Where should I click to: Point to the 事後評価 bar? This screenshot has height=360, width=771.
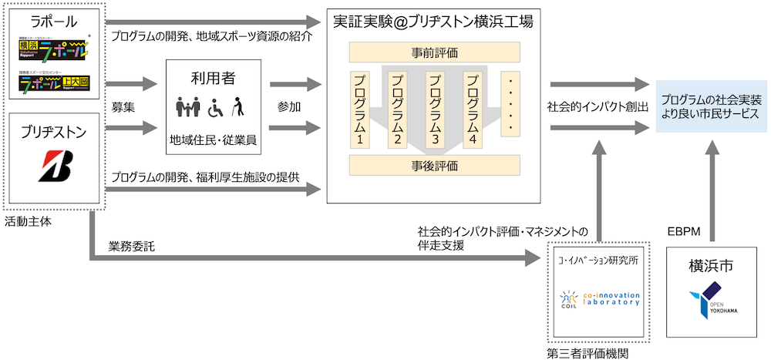[x=435, y=165]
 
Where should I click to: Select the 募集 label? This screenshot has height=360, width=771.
[x=123, y=106]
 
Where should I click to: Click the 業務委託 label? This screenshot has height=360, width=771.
[x=132, y=247]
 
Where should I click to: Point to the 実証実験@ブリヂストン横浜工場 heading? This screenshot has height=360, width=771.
[x=434, y=22]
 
